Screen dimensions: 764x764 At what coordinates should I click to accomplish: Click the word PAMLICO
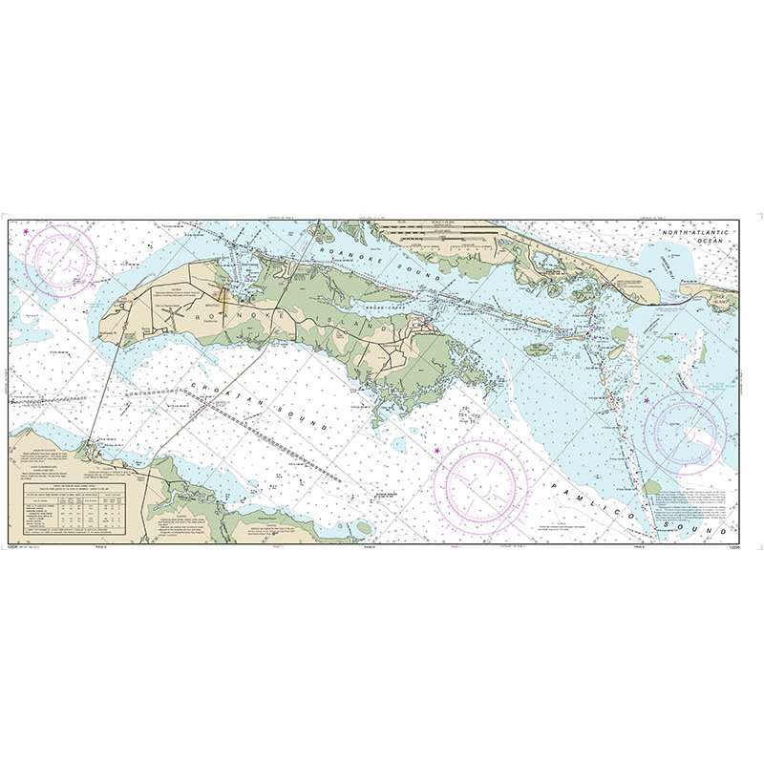[x=577, y=498]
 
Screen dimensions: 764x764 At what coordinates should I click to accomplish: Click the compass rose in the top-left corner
[x=61, y=258]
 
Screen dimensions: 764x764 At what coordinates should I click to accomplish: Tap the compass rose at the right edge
[x=690, y=430]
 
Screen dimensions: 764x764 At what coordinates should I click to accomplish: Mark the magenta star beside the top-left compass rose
[x=27, y=230]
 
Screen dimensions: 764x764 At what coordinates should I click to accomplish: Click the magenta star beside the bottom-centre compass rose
[x=437, y=451]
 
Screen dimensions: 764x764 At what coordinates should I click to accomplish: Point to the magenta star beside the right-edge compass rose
[x=647, y=400]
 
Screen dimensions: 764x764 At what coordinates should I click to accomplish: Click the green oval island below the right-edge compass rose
[x=652, y=486]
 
